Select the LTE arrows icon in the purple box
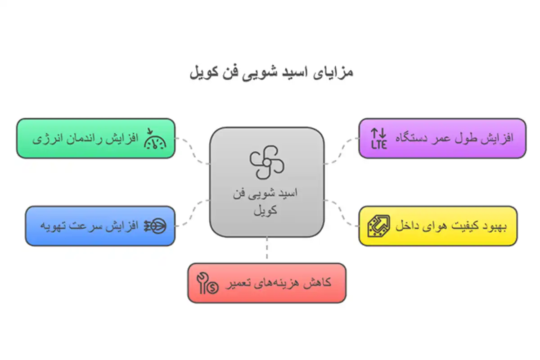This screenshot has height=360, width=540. point(378,139)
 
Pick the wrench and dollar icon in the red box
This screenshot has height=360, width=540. point(208,283)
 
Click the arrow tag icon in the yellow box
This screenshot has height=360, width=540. point(379,226)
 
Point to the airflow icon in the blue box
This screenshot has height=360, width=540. point(155,226)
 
